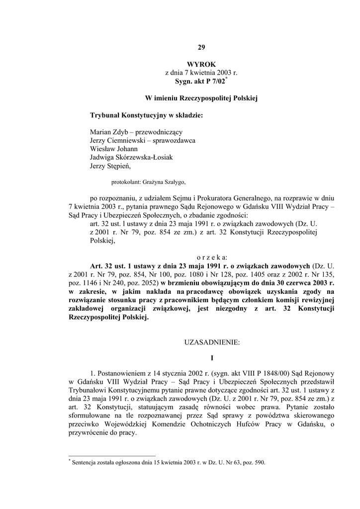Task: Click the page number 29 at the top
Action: pyautogui.click(x=201, y=48)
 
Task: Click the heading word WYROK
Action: pyautogui.click(x=201, y=65)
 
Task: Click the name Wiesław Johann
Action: pyautogui.click(x=114, y=149)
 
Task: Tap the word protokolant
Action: pyautogui.click(x=125, y=181)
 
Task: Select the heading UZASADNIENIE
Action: pyautogui.click(x=212, y=342)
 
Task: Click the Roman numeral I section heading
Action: pyautogui.click(x=212, y=358)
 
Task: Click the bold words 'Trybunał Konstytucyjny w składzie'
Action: pyautogui.click(x=146, y=115)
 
